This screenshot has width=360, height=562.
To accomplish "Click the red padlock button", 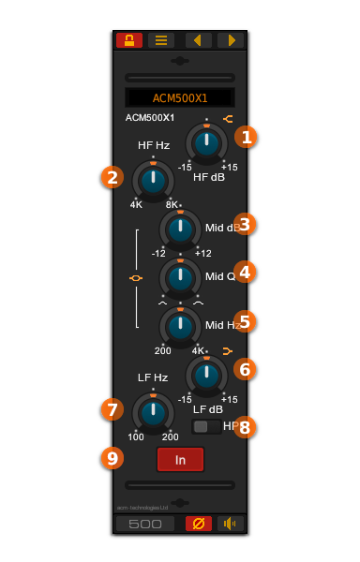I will tap(128, 40).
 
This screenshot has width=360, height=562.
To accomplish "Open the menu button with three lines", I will tap(160, 40).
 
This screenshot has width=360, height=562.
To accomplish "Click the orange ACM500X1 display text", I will tap(180, 98).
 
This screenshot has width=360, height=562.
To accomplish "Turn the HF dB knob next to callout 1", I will tap(206, 143).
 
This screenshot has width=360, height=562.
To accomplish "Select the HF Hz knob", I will tap(153, 180).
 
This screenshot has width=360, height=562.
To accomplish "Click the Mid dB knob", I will tap(180, 229).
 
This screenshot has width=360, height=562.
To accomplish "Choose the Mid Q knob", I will tap(180, 277).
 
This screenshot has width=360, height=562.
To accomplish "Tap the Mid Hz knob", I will tap(180, 326).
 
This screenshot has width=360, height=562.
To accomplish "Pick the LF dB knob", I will tap(206, 375).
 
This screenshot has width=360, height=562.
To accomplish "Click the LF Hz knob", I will tap(153, 412).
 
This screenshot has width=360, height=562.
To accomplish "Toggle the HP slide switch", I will tap(206, 427).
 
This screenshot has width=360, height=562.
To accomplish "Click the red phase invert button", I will tap(199, 524).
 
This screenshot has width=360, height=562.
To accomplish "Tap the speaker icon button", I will tap(231, 524).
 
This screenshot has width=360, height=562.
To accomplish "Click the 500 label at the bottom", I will tap(145, 525).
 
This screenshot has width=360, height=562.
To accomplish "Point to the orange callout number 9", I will tap(112, 458).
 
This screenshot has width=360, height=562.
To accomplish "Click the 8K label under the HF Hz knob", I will tap(172, 205).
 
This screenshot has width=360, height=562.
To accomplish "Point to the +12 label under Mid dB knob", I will tap(203, 254).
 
